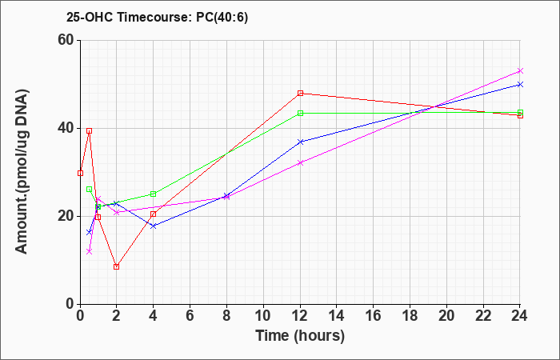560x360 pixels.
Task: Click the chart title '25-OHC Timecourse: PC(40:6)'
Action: click(x=157, y=18)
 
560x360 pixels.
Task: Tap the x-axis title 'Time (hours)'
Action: click(x=300, y=336)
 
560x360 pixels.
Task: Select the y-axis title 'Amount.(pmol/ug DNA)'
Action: click(x=22, y=172)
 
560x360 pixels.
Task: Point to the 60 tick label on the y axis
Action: click(x=66, y=40)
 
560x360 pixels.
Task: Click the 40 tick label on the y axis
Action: click(x=66, y=128)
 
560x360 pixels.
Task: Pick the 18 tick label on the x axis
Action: click(x=410, y=316)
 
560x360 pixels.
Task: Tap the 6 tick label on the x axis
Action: click(x=190, y=316)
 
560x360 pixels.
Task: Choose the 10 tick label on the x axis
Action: click(x=263, y=316)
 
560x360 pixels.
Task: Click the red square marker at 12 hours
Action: click(x=300, y=94)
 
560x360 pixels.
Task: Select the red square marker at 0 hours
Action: click(x=80, y=174)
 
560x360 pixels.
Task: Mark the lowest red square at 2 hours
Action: click(x=117, y=266)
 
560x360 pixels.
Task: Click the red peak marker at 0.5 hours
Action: click(x=90, y=130)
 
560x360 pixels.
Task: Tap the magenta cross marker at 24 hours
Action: click(x=520, y=70)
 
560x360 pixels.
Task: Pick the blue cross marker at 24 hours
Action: click(x=520, y=84)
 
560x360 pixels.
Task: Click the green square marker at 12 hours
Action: click(x=300, y=114)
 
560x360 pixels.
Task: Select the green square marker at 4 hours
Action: click(x=154, y=194)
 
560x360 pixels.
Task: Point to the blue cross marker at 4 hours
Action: click(x=154, y=226)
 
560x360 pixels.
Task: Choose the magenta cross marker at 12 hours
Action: click(x=300, y=162)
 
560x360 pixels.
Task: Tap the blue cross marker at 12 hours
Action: click(x=300, y=142)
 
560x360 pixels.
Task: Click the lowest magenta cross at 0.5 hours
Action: click(x=90, y=251)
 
